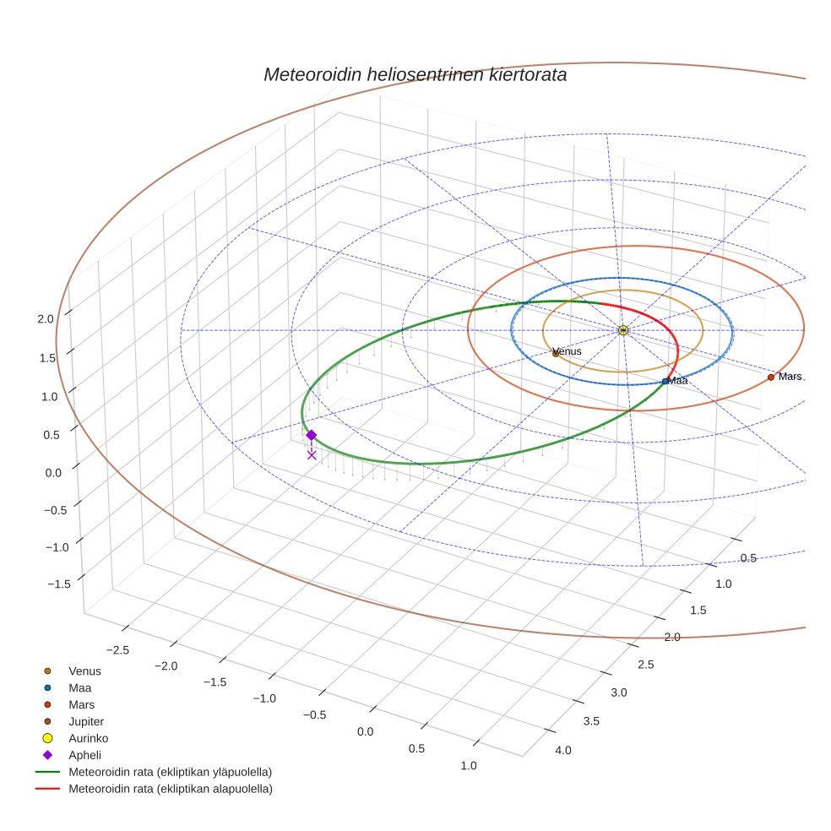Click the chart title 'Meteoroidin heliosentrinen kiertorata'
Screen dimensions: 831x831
pos(415,74)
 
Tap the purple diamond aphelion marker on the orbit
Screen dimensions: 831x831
pos(311,435)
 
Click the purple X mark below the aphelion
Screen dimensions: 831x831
pos(312,454)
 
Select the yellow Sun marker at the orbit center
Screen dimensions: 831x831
pos(622,330)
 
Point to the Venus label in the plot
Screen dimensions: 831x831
pos(568,351)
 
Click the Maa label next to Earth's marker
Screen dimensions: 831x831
pos(678,381)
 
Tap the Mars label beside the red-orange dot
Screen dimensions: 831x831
pos(790,377)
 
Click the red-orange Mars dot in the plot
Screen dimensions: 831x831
pos(770,377)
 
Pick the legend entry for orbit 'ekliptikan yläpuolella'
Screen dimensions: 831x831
pos(170,772)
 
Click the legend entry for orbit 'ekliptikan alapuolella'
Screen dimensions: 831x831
pos(170,789)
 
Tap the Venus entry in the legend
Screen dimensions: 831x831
pos(84,671)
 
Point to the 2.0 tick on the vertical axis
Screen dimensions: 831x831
pos(45,318)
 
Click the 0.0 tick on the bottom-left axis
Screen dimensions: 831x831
pos(365,731)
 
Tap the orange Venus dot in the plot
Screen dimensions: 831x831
pos(556,354)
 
